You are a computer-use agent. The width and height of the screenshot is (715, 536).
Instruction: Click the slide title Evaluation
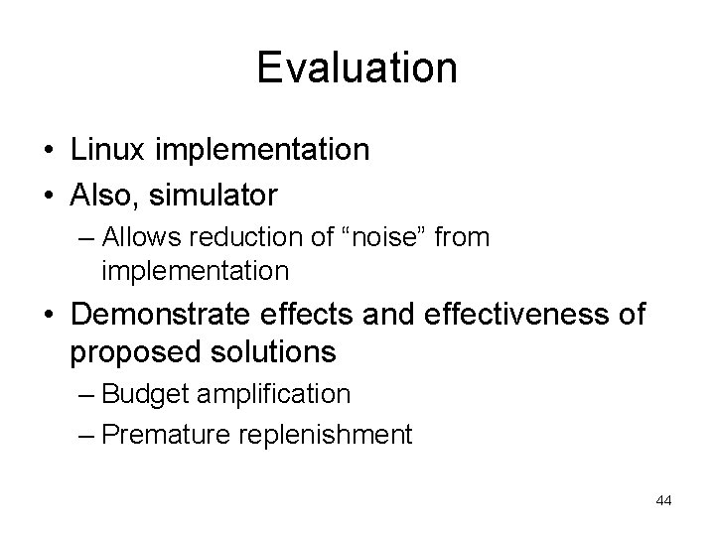point(357,68)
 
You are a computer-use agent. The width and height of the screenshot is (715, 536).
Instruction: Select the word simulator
point(214,196)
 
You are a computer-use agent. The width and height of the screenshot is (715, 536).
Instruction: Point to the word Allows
point(138,238)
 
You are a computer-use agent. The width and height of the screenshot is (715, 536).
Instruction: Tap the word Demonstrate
point(164,315)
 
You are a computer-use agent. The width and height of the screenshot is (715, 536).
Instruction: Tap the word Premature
point(165,434)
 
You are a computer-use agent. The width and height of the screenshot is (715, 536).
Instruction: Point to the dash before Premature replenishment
point(85,434)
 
